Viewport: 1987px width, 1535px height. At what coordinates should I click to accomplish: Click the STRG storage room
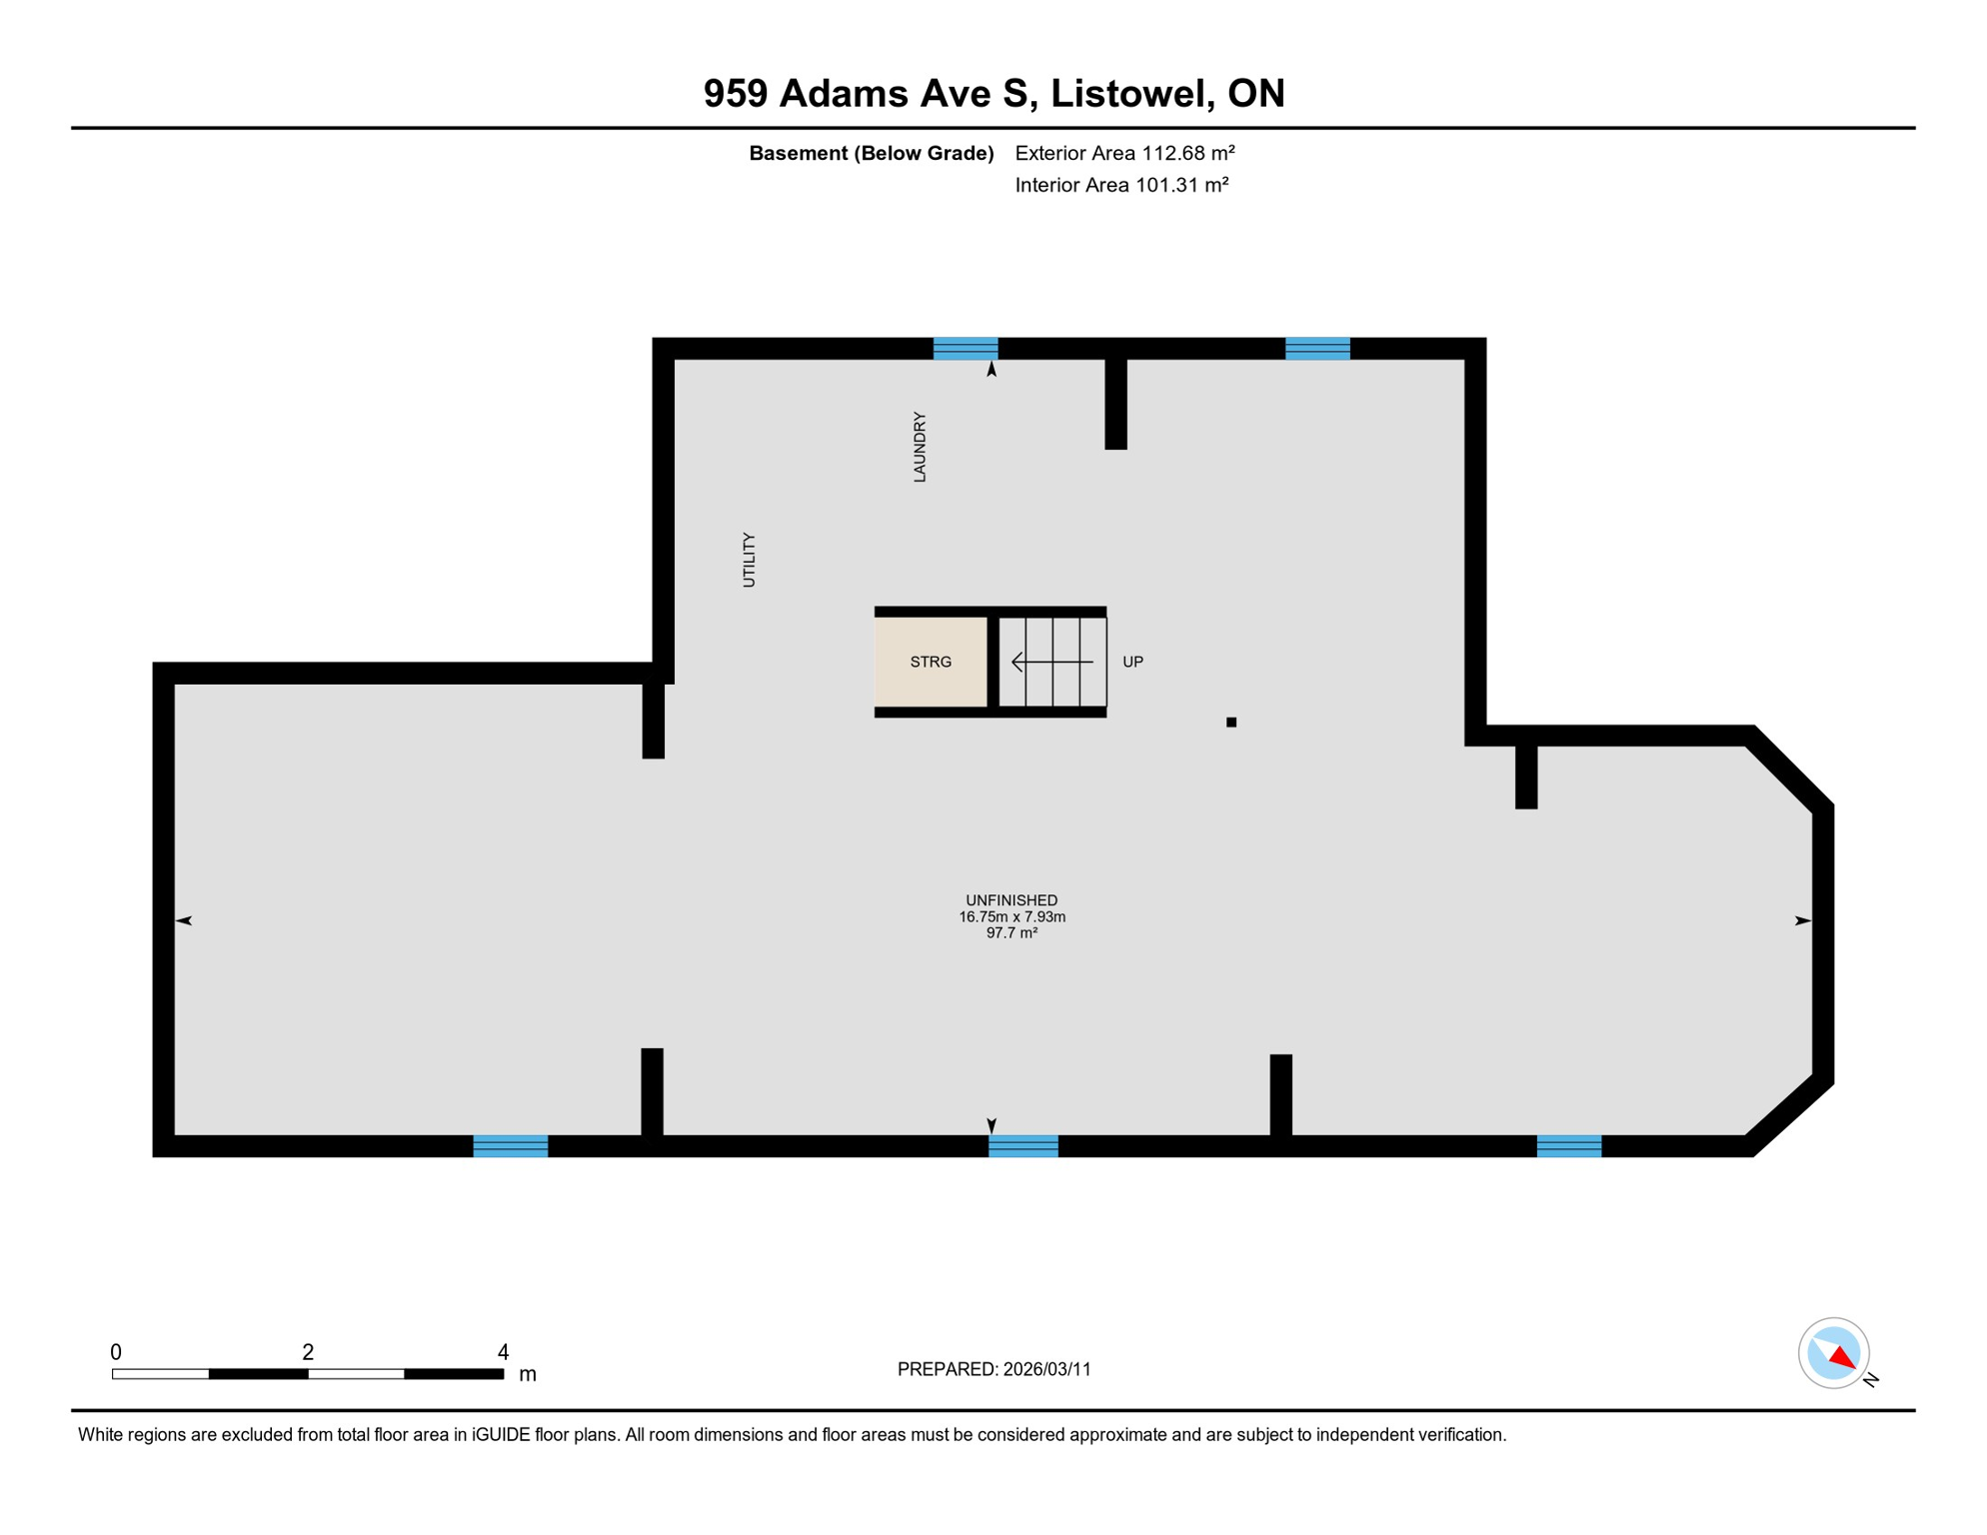coord(931,662)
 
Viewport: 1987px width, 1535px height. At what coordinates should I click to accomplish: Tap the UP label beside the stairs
coord(1132,662)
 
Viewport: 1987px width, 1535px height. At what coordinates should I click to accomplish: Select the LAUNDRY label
coord(920,447)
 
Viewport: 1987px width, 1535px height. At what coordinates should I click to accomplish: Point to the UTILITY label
coord(749,560)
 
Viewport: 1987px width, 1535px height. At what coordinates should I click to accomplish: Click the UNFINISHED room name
coord(1011,900)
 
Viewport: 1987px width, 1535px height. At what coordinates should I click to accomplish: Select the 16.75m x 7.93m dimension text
coord(1011,916)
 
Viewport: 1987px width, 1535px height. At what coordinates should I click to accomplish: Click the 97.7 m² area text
coord(1011,933)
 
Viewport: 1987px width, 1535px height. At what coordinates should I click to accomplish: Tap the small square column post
coord(1231,722)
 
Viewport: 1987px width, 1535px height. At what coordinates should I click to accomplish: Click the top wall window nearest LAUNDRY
coord(966,349)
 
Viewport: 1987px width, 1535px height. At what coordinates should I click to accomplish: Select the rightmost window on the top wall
coord(1317,349)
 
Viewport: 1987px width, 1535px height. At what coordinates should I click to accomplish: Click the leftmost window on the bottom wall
coord(510,1146)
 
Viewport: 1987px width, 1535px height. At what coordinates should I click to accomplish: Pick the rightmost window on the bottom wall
coord(1568,1146)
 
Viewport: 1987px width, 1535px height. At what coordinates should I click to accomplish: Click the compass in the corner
coord(1834,1353)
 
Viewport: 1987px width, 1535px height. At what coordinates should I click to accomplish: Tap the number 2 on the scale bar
coord(308,1352)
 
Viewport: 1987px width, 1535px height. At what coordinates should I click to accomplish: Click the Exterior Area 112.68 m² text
coord(1124,153)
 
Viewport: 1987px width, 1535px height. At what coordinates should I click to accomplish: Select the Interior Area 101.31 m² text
coord(1121,185)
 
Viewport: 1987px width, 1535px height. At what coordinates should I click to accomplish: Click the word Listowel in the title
coord(1131,93)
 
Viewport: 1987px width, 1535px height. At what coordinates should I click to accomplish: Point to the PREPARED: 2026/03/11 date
coord(993,1369)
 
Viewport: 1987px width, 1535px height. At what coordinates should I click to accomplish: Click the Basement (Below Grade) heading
coord(871,153)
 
